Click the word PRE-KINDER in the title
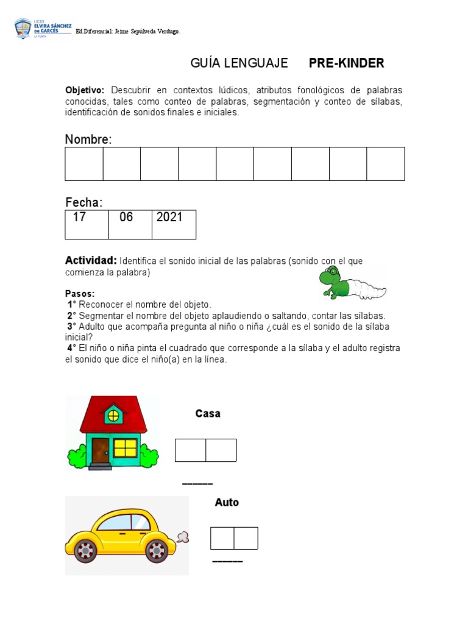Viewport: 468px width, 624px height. click(346, 63)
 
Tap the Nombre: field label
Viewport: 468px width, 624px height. click(88, 140)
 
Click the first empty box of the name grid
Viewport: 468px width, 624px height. click(84, 164)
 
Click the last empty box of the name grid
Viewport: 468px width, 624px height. click(386, 164)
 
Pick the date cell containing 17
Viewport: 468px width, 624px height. click(87, 224)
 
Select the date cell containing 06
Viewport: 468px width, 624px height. click(130, 224)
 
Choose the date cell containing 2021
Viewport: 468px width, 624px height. click(174, 224)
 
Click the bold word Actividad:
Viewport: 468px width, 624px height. click(91, 261)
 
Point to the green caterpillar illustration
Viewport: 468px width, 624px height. click(352, 285)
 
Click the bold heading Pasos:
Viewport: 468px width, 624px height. click(80, 294)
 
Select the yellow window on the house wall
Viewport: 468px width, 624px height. click(126, 448)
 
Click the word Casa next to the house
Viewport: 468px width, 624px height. click(208, 414)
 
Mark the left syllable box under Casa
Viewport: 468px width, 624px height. click(190, 450)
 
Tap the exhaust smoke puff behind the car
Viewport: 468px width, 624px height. click(182, 537)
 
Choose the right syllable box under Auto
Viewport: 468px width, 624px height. click(246, 538)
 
